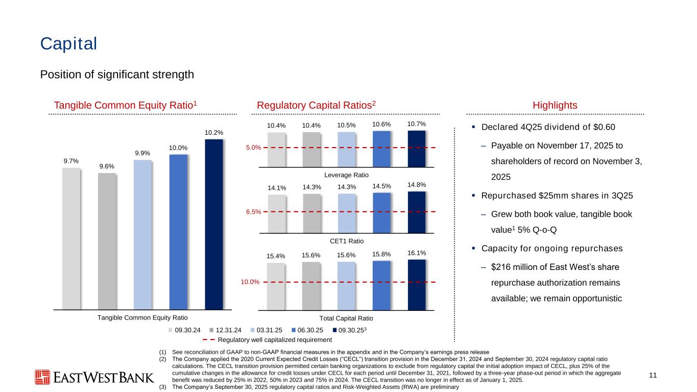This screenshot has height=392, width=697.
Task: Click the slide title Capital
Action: [69, 44]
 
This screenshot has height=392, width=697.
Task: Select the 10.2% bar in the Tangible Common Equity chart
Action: [213, 224]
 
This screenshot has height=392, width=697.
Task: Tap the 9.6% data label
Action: [107, 166]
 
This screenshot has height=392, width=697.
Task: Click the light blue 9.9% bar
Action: [142, 234]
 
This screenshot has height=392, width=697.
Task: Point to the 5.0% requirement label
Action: [254, 148]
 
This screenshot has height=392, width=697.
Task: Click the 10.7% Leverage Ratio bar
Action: [417, 149]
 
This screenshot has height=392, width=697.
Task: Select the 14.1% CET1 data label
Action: [276, 188]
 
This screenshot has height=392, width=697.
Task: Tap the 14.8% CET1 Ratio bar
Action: [417, 211]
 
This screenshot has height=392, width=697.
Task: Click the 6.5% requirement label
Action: [254, 211]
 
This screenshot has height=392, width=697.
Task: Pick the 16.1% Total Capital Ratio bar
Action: [417, 284]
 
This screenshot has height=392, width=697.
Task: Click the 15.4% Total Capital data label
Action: [276, 256]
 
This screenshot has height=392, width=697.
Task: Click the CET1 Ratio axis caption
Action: [347, 241]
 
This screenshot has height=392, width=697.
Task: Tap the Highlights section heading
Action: [555, 105]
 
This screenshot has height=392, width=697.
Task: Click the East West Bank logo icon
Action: [43, 377]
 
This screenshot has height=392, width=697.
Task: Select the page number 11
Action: [652, 376]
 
